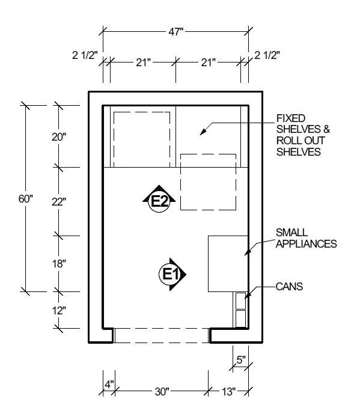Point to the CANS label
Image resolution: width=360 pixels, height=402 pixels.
[290, 287]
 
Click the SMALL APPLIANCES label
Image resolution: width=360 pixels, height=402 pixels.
[305, 238]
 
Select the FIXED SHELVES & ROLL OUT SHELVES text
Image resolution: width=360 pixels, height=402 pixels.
[304, 135]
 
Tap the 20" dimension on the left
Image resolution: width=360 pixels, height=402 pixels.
[59, 136]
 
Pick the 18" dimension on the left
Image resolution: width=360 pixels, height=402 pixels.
[59, 263]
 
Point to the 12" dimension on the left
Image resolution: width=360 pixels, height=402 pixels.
[59, 311]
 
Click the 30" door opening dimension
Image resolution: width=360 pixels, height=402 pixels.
[161, 392]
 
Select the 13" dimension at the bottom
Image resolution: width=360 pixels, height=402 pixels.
[228, 392]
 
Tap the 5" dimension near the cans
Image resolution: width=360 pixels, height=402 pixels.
[240, 361]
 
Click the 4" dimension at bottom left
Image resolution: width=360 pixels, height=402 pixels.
[109, 383]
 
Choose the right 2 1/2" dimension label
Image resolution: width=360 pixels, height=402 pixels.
[267, 56]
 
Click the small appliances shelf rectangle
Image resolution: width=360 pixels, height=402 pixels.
[228, 263]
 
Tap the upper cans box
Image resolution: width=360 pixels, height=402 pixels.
[240, 300]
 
